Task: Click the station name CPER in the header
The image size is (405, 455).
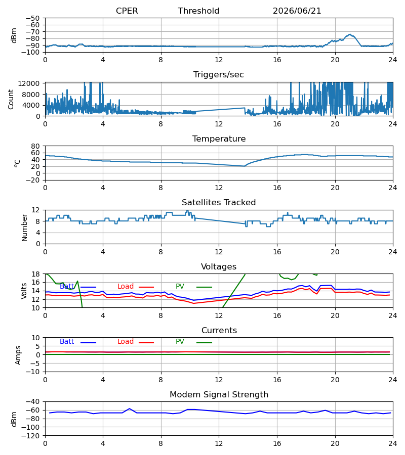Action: coord(127,11)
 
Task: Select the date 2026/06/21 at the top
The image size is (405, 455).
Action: coord(297,11)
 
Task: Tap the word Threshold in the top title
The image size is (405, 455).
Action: coord(198,11)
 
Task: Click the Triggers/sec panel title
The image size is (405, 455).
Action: coord(219,75)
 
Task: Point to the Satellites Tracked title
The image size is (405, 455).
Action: coord(219,203)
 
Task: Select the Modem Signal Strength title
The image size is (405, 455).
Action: coord(219,395)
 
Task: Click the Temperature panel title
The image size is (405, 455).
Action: coord(219,139)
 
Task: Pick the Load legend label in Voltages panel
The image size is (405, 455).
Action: coord(125,287)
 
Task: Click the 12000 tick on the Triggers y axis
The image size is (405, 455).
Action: coord(29,83)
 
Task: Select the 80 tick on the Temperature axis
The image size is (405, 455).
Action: coord(35,146)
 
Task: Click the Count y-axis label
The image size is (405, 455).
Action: coord(11,99)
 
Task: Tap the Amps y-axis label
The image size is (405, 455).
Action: coord(18,355)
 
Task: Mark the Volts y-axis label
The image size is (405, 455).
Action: coord(24,291)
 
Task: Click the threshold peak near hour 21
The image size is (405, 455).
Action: coord(350,34)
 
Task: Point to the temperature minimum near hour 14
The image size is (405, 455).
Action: coord(244,166)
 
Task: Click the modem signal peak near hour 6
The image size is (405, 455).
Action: coord(130,408)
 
